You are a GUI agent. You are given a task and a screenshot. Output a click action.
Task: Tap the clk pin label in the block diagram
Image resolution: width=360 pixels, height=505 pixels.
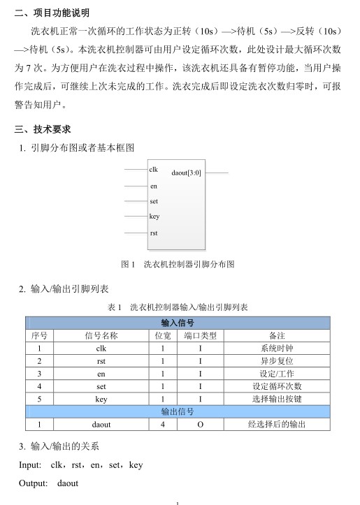point(154,170)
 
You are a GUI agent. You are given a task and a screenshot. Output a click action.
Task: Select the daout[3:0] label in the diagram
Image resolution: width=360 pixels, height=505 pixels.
point(186,172)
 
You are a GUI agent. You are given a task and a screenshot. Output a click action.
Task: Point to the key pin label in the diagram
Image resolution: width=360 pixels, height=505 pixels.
point(154,217)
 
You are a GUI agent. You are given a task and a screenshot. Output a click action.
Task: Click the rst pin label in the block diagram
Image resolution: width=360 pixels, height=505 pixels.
point(154,232)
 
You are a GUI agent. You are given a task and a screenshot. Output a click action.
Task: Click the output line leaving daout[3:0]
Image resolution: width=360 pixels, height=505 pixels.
point(217,172)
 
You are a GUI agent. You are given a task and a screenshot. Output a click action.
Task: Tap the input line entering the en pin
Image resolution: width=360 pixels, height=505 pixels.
point(136,186)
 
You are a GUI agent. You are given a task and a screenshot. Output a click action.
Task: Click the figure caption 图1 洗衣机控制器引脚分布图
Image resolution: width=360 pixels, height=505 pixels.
point(178,265)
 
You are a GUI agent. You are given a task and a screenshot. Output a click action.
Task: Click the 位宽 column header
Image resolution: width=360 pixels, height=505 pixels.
point(162,335)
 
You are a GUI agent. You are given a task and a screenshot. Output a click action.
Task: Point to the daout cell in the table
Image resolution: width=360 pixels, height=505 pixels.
point(101,424)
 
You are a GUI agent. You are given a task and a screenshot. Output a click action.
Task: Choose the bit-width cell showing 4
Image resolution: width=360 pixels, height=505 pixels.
point(162,424)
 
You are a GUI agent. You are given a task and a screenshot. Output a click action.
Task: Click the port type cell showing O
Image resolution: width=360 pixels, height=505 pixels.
point(200,424)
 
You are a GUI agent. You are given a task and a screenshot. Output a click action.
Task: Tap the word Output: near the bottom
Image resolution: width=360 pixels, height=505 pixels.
point(34,483)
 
